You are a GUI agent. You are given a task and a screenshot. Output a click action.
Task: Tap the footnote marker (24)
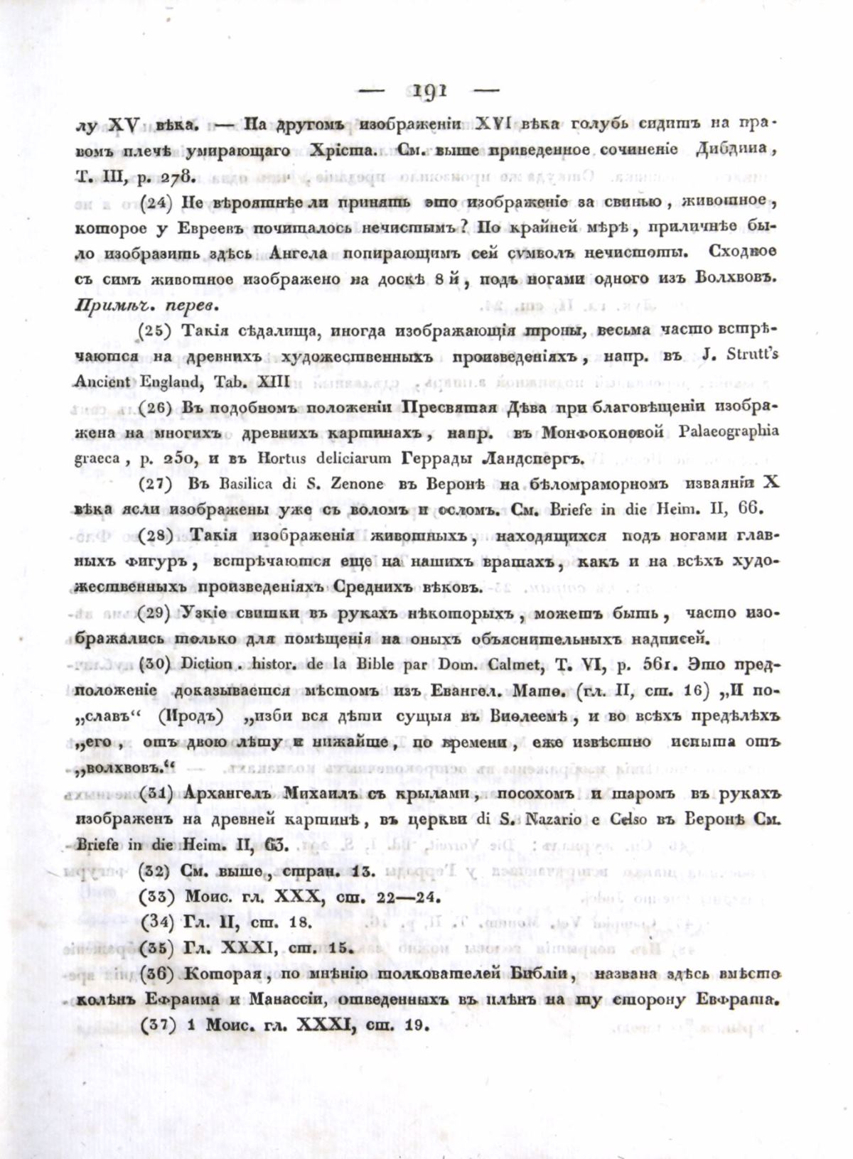click(x=155, y=201)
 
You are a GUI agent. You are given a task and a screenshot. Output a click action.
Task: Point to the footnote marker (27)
click(x=155, y=484)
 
